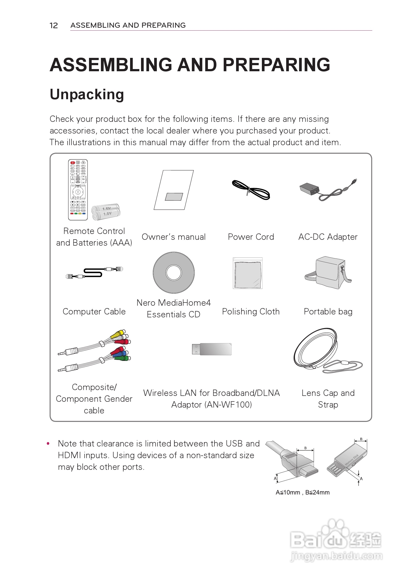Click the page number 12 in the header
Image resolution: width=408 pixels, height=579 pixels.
[53, 26]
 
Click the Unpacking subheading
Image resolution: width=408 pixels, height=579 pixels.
[87, 94]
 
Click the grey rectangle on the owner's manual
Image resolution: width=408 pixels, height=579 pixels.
[174, 197]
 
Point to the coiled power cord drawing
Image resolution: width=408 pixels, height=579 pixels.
[251, 190]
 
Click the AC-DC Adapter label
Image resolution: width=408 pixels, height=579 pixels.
[328, 237]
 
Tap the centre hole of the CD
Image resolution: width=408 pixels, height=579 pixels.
[174, 272]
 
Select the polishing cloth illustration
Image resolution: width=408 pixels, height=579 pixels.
[248, 273]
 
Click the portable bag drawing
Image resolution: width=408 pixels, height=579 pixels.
[328, 273]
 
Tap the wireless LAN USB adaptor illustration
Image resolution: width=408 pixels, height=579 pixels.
[212, 349]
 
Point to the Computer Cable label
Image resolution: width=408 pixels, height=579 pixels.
[94, 312]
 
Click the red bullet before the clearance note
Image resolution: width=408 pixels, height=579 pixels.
[48, 443]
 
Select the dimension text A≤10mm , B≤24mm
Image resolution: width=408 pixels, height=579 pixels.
[302, 492]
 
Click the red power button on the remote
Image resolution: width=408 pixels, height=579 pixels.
[72, 163]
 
